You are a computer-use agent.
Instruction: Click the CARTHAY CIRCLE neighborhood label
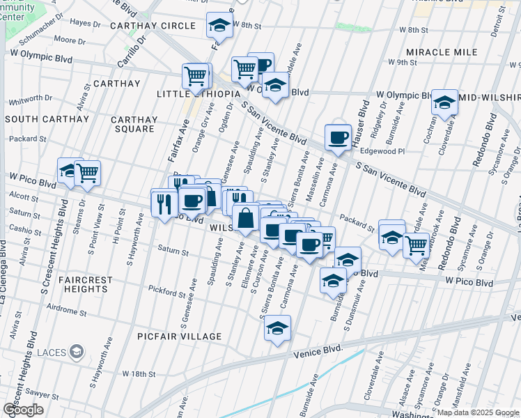tap(153, 26)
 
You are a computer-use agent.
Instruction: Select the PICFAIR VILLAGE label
tap(179, 337)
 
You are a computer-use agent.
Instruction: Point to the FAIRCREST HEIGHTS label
tap(86, 285)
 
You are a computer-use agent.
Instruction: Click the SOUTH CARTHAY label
tap(47, 119)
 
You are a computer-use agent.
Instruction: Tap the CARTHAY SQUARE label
tap(134, 124)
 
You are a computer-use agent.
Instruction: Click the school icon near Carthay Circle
tap(219, 26)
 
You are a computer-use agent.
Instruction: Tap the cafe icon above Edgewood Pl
tap(339, 137)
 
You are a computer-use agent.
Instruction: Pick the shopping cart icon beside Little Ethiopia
tap(196, 75)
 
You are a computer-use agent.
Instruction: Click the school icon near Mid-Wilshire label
tap(444, 103)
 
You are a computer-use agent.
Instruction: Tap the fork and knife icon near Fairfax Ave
tap(164, 203)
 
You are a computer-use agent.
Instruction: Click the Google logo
tap(23, 409)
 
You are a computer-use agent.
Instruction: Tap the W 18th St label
tap(139, 374)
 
